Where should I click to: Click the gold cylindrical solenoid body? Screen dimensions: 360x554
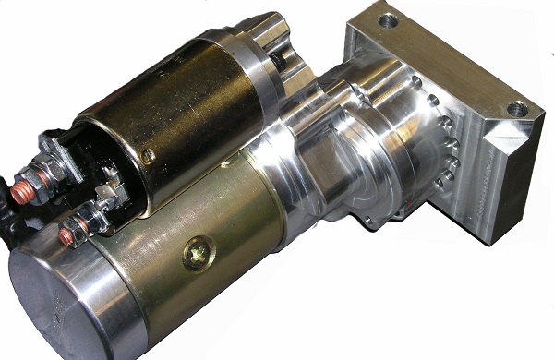[x=185, y=111]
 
